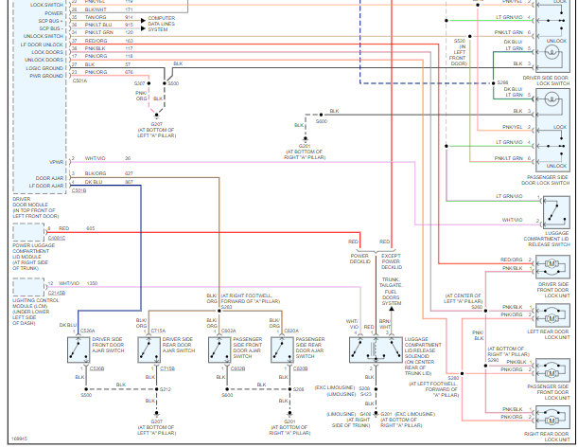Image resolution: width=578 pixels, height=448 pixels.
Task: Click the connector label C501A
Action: click(x=79, y=81)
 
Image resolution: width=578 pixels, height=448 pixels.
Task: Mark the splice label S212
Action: click(x=166, y=389)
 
